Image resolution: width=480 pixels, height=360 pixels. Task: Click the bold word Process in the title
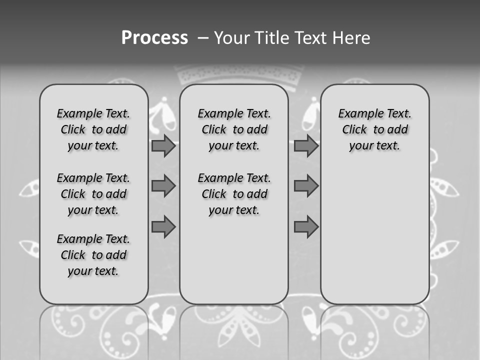[154, 38]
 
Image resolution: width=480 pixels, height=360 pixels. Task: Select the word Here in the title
[349, 38]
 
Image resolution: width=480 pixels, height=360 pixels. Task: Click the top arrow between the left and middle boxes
[163, 146]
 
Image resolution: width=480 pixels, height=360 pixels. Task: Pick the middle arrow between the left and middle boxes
[163, 186]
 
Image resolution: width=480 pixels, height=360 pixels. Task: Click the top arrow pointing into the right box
[306, 146]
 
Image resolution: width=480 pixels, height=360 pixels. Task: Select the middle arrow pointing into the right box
[306, 186]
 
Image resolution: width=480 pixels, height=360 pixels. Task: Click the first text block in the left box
[93, 129]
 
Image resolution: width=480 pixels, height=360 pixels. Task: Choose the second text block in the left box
[93, 194]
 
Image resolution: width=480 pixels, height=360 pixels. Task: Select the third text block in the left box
[93, 255]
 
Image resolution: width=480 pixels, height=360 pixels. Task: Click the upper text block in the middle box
[234, 129]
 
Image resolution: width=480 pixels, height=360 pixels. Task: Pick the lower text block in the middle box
[234, 194]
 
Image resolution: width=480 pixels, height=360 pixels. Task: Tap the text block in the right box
[374, 129]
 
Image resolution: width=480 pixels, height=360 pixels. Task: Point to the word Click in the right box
[354, 130]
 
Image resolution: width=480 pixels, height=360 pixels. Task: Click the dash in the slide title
[203, 38]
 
